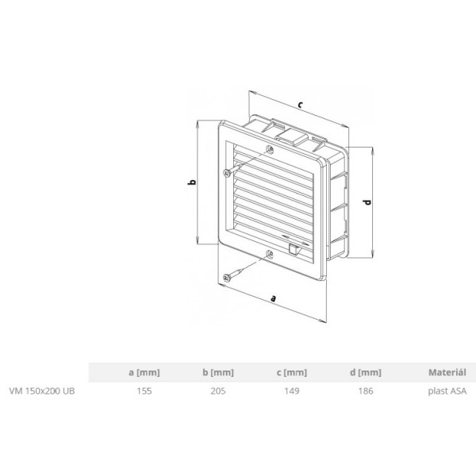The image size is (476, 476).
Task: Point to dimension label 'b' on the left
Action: [190, 183]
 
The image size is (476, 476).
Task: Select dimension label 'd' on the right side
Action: [367, 202]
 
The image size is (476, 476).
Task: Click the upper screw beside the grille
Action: [228, 171]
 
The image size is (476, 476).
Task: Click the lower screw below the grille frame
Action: [228, 276]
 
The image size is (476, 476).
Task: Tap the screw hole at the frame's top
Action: [272, 149]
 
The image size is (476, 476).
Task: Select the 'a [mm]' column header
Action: [142, 371]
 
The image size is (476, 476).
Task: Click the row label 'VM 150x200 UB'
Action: [42, 390]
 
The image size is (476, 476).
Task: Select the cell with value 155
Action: [143, 390]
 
